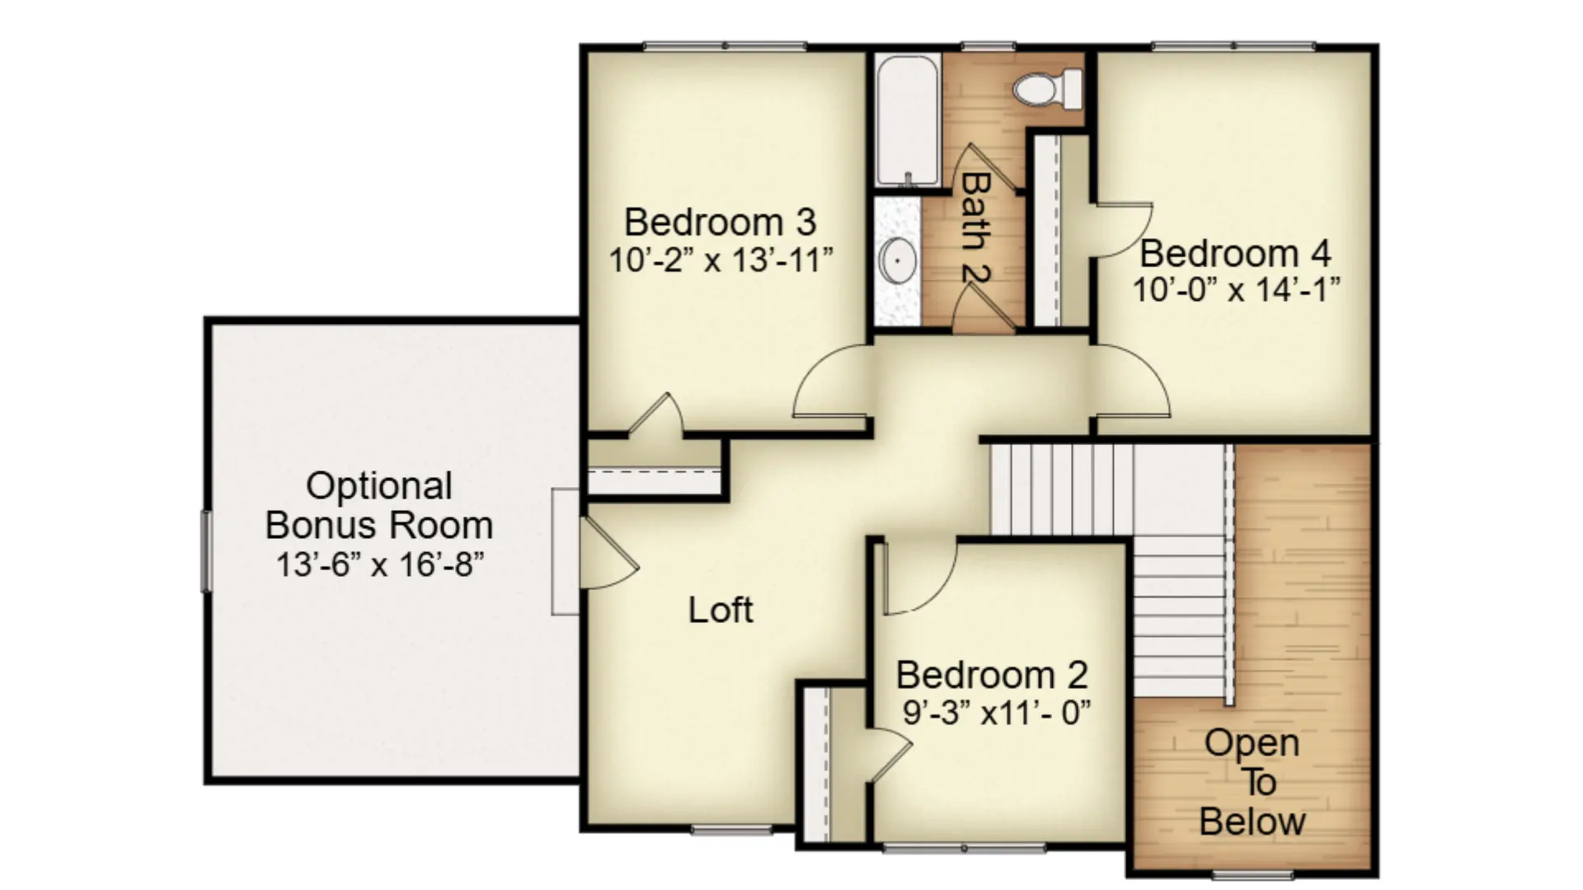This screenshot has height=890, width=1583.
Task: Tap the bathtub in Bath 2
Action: [x=907, y=120]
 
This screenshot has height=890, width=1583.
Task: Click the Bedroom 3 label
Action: [x=720, y=222]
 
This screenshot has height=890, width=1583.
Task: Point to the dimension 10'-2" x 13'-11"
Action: [x=721, y=260]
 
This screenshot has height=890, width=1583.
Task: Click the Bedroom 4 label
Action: [x=1235, y=253]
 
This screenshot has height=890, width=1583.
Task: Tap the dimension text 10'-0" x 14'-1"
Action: [x=1235, y=290]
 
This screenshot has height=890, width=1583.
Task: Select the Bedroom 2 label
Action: [x=992, y=675]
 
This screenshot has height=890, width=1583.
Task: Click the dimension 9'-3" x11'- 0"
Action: [x=996, y=712]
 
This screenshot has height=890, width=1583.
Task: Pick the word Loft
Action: [x=721, y=610]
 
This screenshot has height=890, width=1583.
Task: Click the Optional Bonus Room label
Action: [x=379, y=505]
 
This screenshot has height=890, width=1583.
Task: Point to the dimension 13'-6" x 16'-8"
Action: [x=379, y=565]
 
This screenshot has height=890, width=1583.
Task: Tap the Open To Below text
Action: [x=1252, y=782]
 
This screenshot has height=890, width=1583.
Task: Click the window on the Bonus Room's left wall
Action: [x=206, y=550]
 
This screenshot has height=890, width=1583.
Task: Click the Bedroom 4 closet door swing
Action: [x=1121, y=230]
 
